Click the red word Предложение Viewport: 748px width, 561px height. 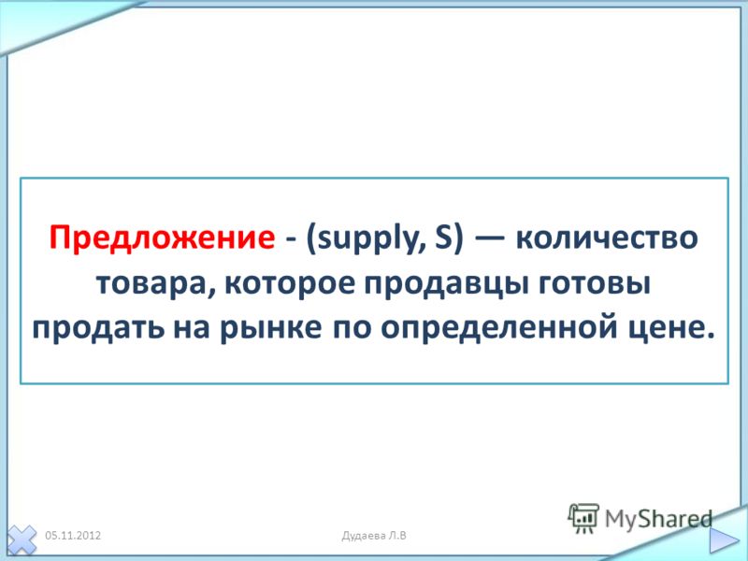pyautogui.click(x=162, y=237)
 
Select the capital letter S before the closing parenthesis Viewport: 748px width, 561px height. pyautogui.click(x=442, y=237)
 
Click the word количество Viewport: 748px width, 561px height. pyautogui.click(x=607, y=238)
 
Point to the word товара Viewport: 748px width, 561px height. pyautogui.click(x=151, y=285)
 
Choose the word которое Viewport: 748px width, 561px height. pyautogui.click(x=289, y=284)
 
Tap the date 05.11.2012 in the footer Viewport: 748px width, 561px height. pyautogui.click(x=73, y=535)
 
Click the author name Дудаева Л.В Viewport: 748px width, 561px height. pyautogui.click(x=374, y=535)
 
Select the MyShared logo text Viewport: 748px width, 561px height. pyautogui.click(x=658, y=519)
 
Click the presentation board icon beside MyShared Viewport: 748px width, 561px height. pyautogui.click(x=583, y=518)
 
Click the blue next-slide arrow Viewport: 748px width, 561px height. pyautogui.click(x=724, y=540)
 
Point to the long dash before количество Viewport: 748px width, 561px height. pyautogui.click(x=489, y=237)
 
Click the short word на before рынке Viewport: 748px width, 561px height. pyautogui.click(x=192, y=330)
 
